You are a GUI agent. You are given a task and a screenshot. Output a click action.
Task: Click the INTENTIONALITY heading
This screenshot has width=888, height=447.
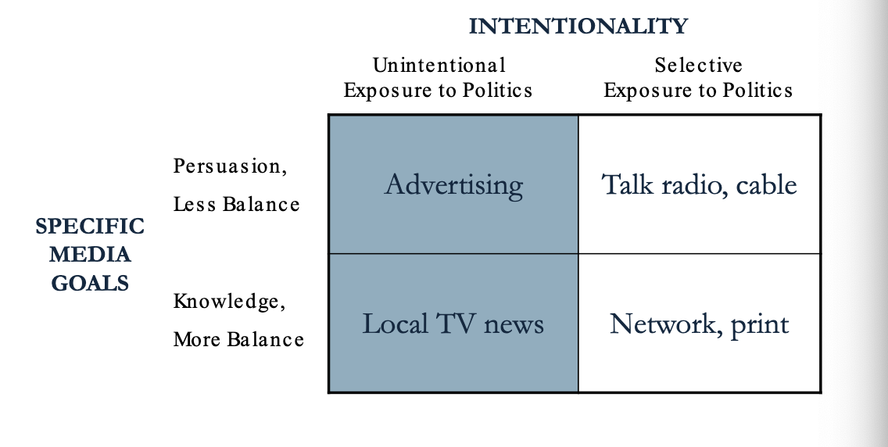coord(578,26)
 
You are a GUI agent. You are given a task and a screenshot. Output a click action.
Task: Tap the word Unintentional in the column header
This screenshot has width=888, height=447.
coord(439,65)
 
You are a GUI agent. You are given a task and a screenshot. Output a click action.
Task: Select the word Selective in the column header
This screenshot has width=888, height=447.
coord(698,65)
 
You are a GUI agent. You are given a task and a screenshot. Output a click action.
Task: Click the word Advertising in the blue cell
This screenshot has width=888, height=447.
coord(453,185)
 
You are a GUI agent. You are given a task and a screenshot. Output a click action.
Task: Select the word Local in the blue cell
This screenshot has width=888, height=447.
coord(395,324)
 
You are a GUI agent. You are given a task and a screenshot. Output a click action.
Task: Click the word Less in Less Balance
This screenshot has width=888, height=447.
coord(194,204)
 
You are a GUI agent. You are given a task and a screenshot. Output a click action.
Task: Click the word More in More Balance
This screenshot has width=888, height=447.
coord(198,339)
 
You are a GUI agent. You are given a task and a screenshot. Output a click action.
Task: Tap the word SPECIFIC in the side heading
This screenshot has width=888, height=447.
coord(90,227)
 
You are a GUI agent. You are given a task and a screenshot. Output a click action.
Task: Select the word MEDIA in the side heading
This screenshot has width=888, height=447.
coord(90,255)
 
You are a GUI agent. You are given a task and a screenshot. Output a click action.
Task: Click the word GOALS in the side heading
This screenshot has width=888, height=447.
coord(90,283)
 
